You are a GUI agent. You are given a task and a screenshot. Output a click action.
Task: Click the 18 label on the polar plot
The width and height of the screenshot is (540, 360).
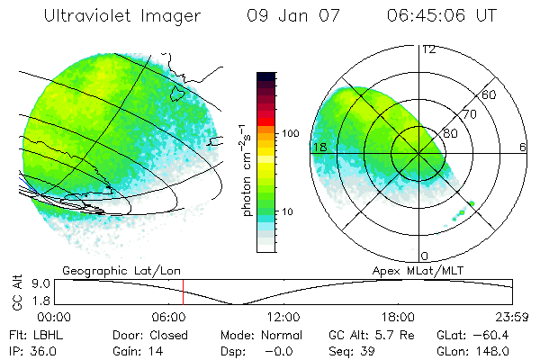(319, 146)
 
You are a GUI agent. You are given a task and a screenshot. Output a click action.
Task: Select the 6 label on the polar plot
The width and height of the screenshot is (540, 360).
(522, 146)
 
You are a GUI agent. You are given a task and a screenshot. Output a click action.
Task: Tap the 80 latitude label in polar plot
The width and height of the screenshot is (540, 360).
(451, 133)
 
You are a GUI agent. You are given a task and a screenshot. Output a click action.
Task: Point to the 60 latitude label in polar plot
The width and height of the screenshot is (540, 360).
(490, 94)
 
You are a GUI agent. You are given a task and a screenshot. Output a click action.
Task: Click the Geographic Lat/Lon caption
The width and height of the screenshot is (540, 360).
(107, 270)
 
